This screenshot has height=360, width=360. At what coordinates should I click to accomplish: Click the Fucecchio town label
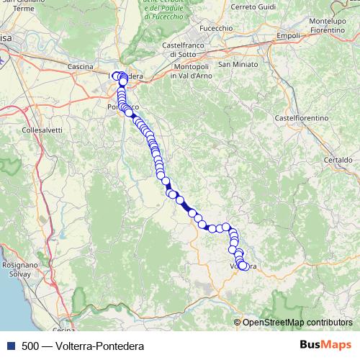[x=216, y=28]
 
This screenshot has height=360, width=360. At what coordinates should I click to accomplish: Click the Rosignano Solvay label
[x=20, y=269]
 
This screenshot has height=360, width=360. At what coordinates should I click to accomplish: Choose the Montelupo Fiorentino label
[x=333, y=27]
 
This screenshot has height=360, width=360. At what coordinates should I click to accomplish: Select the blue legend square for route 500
[x=9, y=346]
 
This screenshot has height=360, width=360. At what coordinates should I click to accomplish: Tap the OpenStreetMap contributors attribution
[x=297, y=322]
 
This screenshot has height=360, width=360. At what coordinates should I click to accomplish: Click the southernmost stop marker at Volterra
[x=243, y=266]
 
